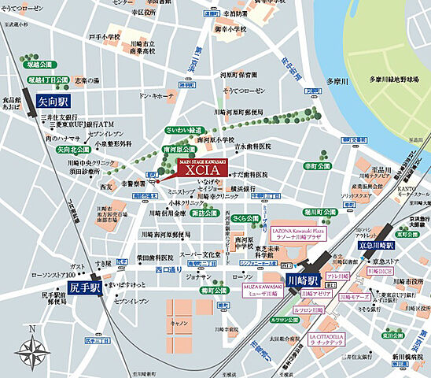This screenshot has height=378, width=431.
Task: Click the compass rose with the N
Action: tap(31, 346)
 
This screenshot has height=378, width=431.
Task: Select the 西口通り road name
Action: tap(168, 269)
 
